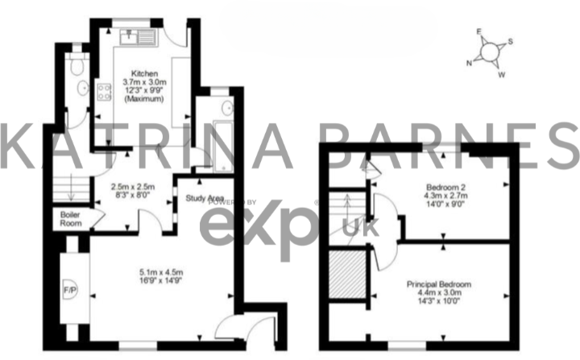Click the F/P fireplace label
pos(68,288)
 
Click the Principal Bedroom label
pos(438,285)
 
